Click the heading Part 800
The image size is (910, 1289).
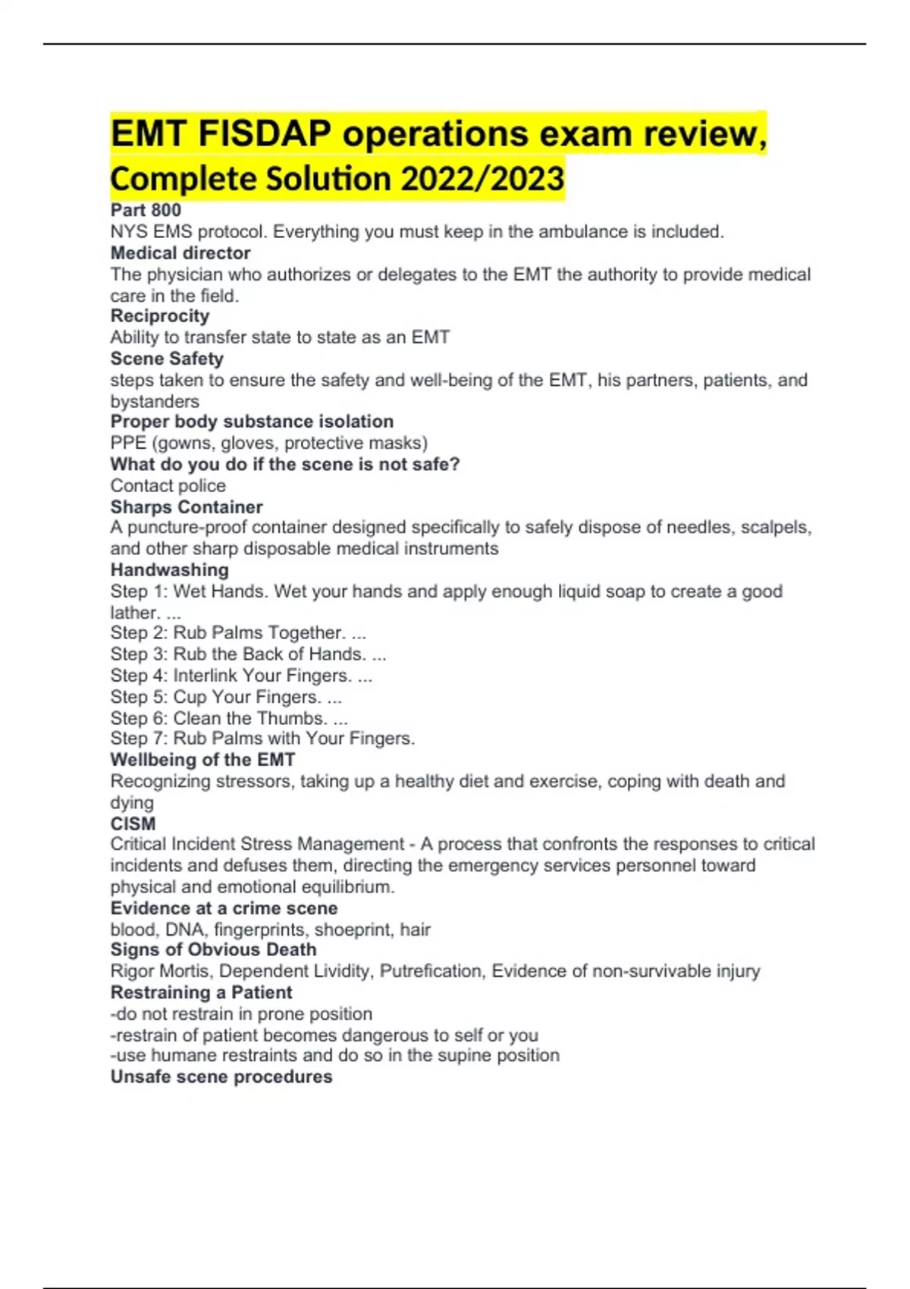pos(146,210)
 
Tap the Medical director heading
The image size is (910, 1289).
pos(180,253)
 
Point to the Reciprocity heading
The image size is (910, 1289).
pos(160,316)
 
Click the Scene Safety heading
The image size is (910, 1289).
pos(167,359)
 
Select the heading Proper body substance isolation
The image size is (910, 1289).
pos(252,422)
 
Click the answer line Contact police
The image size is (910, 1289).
pos(168,485)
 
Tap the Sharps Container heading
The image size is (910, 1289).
pos(187,507)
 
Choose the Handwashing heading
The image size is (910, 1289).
pos(169,569)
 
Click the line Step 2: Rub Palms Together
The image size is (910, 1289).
pos(238,633)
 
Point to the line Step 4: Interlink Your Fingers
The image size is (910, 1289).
pos(241,676)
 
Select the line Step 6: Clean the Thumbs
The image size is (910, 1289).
pos(229,718)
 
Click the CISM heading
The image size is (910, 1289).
pos(133,823)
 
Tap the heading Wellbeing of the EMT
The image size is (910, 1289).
pos(202,760)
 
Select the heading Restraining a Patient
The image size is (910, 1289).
pos(201,993)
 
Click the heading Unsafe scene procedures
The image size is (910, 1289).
pos(221,1077)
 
